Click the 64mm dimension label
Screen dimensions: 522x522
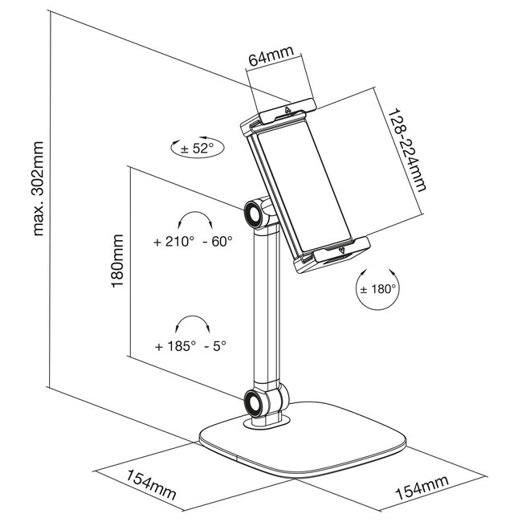(271, 55)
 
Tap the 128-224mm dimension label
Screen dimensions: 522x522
(407, 150)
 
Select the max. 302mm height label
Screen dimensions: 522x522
(39, 189)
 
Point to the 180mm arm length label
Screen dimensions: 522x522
(117, 261)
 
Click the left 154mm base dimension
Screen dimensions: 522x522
(150, 484)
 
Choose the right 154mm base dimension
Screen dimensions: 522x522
(422, 487)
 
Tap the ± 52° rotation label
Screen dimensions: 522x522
(197, 149)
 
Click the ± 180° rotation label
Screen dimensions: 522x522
(378, 288)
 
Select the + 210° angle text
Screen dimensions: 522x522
(173, 242)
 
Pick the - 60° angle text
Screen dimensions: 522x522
(218, 242)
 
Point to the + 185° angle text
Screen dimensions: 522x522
(175, 346)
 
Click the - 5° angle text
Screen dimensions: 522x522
(214, 346)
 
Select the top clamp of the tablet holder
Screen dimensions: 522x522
(288, 111)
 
